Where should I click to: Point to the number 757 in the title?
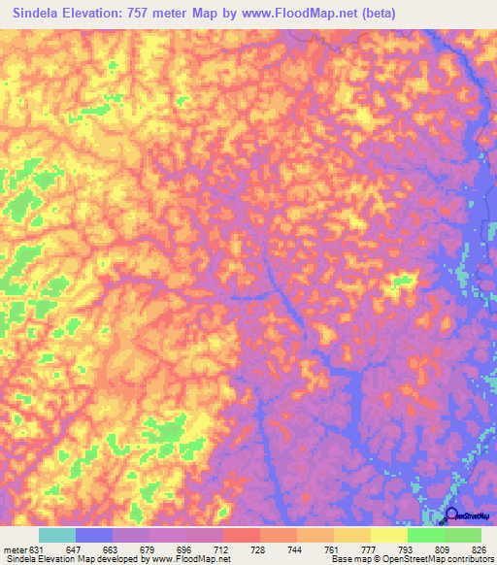click(139, 12)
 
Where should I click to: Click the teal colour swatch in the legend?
click(57, 535)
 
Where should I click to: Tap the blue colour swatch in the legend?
click(94, 535)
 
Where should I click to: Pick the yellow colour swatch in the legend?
click(389, 535)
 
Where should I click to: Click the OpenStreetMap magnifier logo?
click(450, 516)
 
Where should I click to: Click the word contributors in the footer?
click(469, 558)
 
